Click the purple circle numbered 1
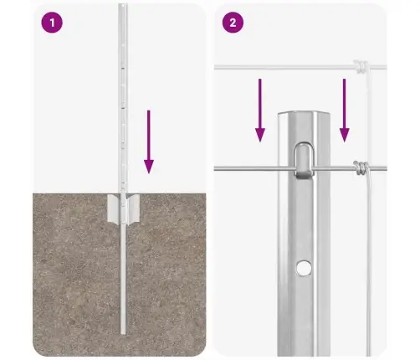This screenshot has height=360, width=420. pos(52,23)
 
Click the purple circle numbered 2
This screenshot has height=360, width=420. pos(233,23)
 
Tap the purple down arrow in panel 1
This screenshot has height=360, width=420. pos(149,141)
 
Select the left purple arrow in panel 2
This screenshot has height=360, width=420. pos(260,111)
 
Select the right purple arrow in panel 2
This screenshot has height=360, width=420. pos(345,111)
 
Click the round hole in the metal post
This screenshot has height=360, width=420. pos(304,268)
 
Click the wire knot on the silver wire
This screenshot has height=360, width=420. pos(361,168)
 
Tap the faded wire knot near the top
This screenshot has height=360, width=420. pos(361,67)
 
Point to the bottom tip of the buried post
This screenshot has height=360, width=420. pos(123,333)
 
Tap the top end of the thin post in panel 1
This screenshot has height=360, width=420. pos(123,4)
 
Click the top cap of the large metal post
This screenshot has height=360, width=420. pos(304,113)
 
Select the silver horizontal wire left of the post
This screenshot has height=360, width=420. pos(254,168)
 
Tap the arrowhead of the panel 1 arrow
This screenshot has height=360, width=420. pos(149,167)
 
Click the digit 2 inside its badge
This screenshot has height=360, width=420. pos(233,23)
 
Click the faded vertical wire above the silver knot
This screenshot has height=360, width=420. pos(369,116)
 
